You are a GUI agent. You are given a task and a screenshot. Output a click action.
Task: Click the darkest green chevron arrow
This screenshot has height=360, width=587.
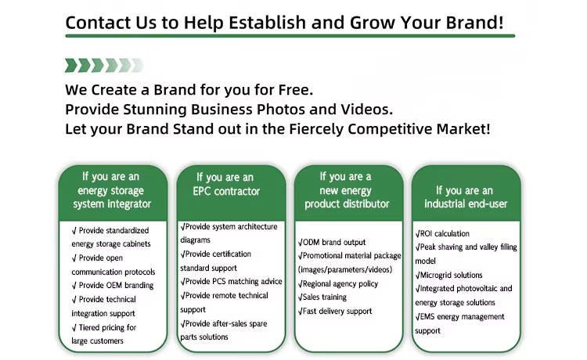tap(71, 65)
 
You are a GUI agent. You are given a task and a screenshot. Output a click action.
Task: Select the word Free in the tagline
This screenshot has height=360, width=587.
tap(293, 90)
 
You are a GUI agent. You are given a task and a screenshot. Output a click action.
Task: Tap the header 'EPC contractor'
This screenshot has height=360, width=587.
tap(226, 191)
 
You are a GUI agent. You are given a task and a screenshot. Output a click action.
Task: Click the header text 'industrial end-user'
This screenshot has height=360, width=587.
tap(466, 204)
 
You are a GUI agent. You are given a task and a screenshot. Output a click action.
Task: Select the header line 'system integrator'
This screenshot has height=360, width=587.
tap(112, 204)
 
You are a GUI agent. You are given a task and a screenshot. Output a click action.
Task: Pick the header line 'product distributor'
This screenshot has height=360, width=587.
tap(347, 204)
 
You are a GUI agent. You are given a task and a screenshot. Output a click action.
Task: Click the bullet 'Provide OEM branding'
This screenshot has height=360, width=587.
tap(113, 285)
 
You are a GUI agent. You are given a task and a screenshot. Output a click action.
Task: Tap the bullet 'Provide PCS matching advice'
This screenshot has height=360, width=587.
tap(232, 282)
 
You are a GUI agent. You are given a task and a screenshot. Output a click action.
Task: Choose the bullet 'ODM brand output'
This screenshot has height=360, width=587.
tap(332, 242)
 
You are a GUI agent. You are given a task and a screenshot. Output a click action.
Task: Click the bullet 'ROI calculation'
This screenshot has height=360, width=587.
tap(442, 233)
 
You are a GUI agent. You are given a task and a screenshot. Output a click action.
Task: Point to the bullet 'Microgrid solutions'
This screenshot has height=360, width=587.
tap(449, 275)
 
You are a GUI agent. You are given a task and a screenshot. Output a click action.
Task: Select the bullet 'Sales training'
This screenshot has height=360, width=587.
tap(322, 297)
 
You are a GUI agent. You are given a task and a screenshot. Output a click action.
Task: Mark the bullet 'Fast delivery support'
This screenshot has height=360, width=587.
tap(335, 311)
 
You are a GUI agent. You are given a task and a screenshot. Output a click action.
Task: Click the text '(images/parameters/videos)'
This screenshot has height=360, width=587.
tap(345, 269)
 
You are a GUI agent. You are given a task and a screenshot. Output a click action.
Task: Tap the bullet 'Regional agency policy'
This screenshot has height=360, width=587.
tap(338, 283)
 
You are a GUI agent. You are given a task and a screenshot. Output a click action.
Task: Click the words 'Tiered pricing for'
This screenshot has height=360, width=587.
tap(104, 327)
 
